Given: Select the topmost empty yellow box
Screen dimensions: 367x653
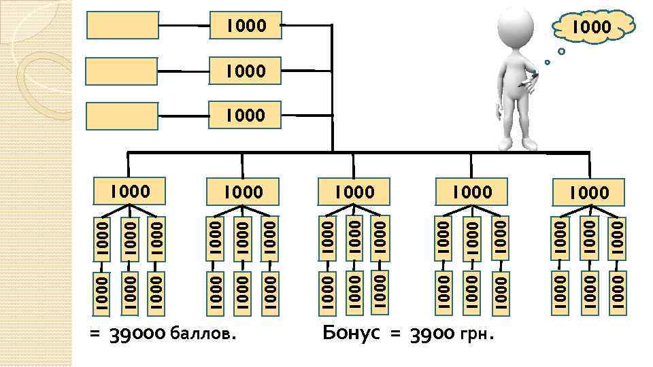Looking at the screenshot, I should (123, 25).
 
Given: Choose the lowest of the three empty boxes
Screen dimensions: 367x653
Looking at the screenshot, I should (123, 115).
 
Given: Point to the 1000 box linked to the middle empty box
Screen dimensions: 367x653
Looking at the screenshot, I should (246, 70).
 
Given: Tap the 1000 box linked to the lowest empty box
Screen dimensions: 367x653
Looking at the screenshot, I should (246, 114).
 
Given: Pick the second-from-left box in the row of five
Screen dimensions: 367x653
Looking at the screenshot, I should (243, 192).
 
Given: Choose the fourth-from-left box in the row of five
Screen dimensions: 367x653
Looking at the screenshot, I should (471, 192).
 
